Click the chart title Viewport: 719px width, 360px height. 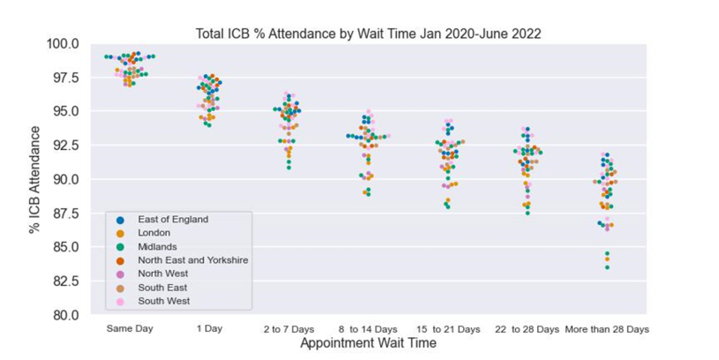pyautogui.click(x=368, y=34)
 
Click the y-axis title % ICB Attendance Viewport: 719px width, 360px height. pyautogui.click(x=35, y=180)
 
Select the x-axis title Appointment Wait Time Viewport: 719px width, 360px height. pyautogui.click(x=368, y=343)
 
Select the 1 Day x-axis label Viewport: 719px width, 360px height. pyautogui.click(x=209, y=329)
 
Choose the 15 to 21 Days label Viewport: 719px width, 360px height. pyautogui.click(x=449, y=329)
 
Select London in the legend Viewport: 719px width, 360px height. pyautogui.click(x=154, y=233)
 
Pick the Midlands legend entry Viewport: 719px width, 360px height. pyautogui.click(x=157, y=247)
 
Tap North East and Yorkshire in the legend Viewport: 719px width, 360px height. pyautogui.click(x=192, y=260)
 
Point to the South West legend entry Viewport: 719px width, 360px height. pyautogui.click(x=162, y=301)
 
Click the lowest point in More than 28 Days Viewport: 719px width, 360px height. pyautogui.click(x=607, y=267)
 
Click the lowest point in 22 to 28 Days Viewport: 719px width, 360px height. pyautogui.click(x=528, y=213)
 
